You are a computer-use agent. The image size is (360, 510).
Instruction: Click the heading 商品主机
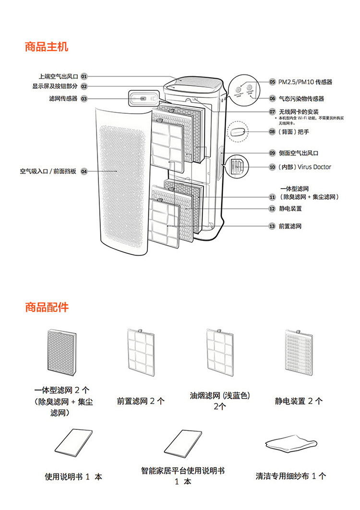pos(47,47)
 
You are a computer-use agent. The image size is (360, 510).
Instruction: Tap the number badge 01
pos(84,76)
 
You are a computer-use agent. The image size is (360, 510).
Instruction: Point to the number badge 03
pos(84,99)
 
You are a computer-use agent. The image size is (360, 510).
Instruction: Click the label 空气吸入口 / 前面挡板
pos(48,171)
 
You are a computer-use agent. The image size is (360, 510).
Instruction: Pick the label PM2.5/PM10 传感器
pos(305,82)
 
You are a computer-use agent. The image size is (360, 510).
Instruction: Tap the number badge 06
pos(272,99)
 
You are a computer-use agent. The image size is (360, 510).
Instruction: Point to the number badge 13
pos(272,225)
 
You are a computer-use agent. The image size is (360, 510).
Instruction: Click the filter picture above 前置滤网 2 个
pos(140,351)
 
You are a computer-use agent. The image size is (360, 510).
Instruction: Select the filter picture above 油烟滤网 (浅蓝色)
pos(219,351)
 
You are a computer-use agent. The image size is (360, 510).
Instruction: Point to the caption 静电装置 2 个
pos(299,401)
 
